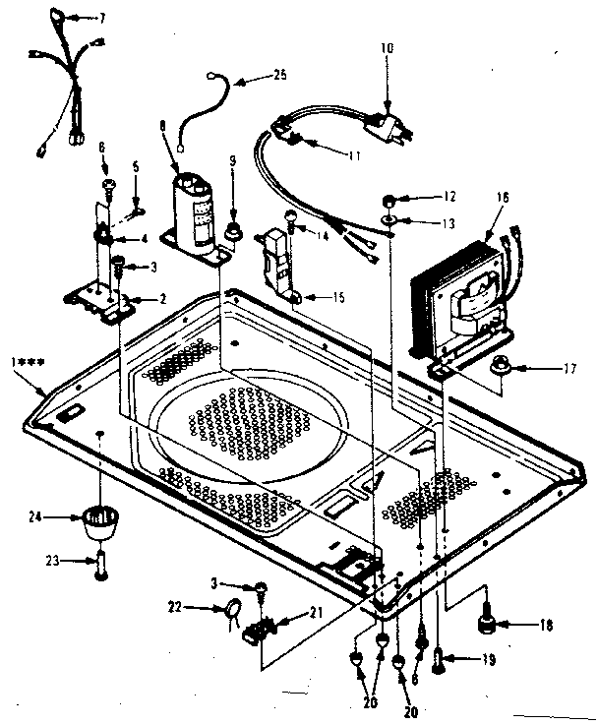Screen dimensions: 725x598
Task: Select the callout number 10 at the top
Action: coord(387,47)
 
